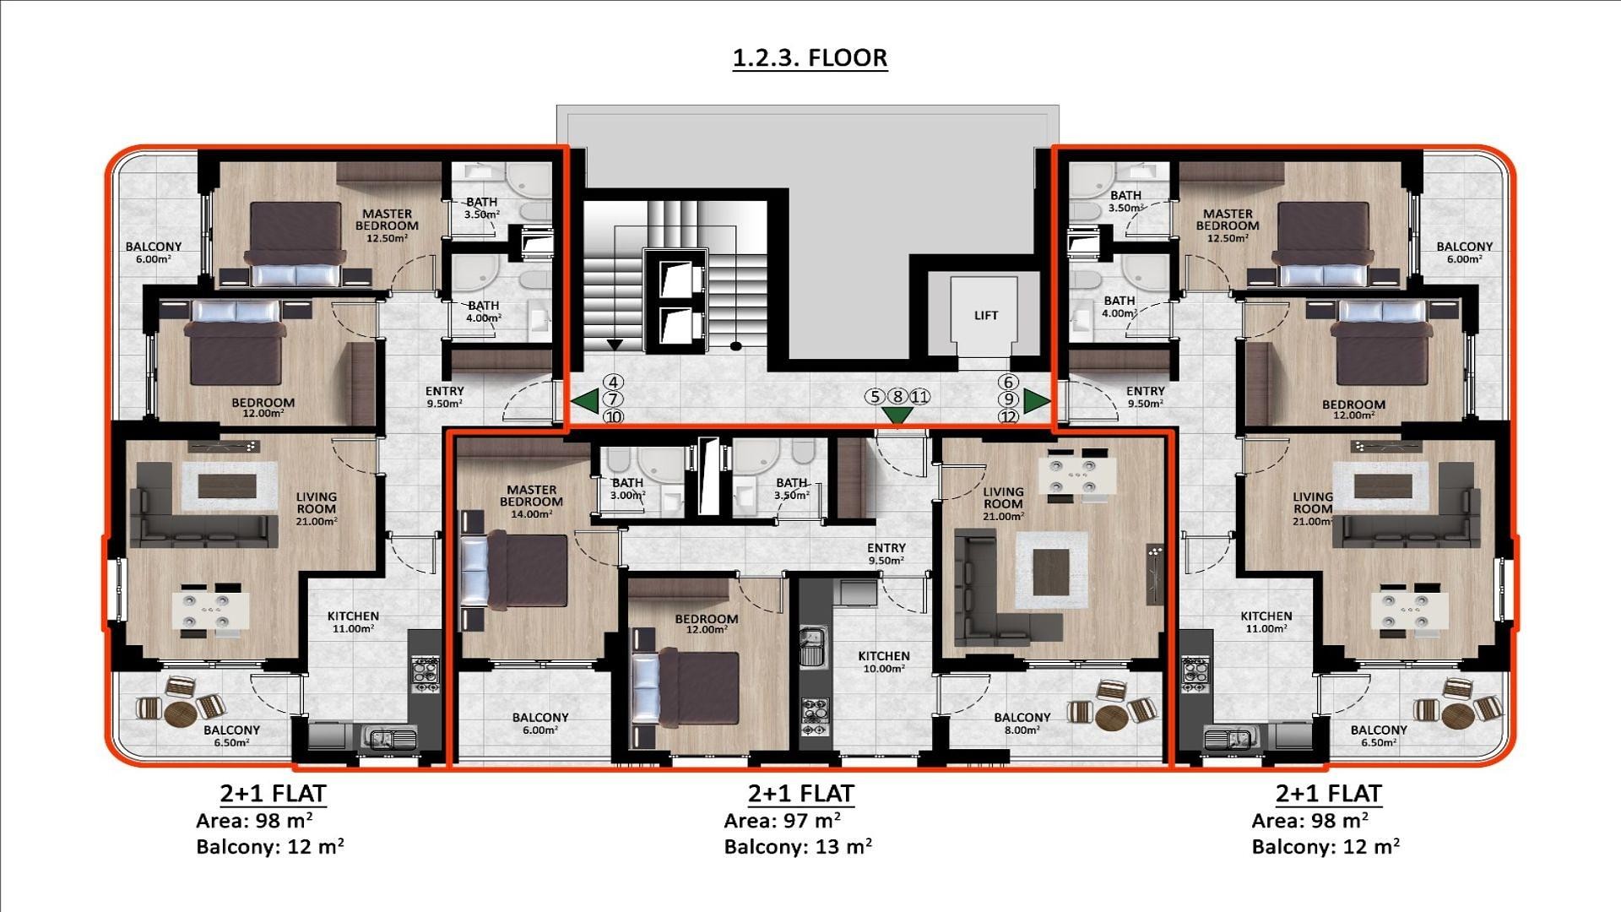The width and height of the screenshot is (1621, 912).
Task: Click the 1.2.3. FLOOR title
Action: coord(809,57)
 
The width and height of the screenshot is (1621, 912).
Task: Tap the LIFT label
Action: coord(985,315)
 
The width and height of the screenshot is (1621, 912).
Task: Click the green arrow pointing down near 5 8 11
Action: coord(897,415)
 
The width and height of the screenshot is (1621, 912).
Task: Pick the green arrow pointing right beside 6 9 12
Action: coord(1035,402)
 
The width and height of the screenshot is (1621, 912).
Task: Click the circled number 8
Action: coord(897,396)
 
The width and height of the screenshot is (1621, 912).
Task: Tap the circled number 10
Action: coord(614,416)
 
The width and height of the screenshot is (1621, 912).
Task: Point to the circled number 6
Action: coord(1008,383)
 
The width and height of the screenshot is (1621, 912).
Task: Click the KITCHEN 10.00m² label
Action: coord(884,661)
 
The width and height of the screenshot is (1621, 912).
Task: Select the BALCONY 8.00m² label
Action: coord(1022,723)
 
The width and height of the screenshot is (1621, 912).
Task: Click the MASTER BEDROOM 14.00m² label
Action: coord(531,501)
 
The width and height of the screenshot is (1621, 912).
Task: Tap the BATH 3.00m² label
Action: coord(627,489)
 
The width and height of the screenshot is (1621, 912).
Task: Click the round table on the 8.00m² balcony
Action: coord(1112,717)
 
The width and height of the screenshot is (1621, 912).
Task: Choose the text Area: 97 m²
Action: coord(781,820)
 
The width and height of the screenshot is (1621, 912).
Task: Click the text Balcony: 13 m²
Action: coord(797,846)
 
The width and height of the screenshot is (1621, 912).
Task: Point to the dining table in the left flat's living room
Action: coord(210,611)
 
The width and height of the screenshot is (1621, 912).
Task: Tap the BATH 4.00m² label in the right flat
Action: coord(1119,306)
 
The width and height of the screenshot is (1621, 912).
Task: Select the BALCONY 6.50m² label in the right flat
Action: coord(1378,736)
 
